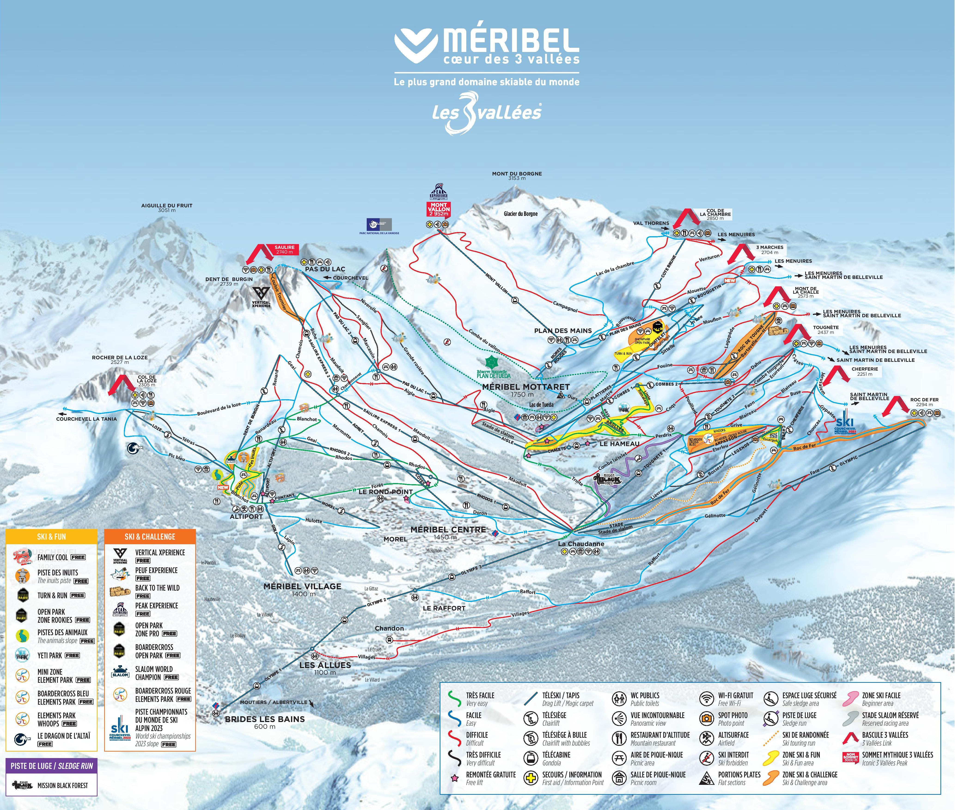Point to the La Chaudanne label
581,544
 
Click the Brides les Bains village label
265,719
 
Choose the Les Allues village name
325,665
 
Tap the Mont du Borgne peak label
517,174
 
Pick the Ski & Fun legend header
52,536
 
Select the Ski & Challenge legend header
150,536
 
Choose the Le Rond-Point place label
385,492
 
